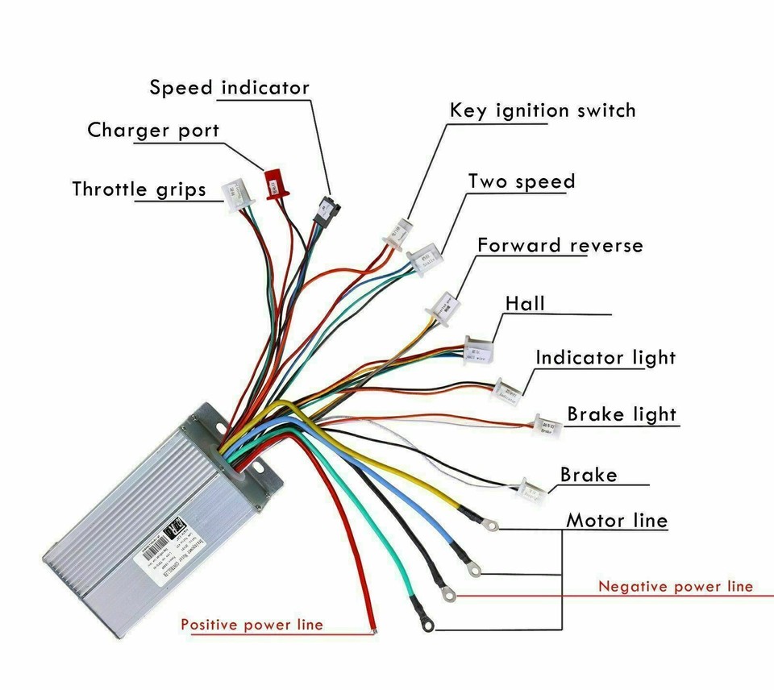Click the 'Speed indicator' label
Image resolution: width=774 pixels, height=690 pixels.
click(230, 87)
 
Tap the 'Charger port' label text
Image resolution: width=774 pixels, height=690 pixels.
click(153, 130)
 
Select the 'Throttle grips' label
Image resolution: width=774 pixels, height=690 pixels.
click(139, 189)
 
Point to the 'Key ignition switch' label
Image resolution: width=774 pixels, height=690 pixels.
click(542, 110)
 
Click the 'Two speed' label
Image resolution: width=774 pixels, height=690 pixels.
click(522, 181)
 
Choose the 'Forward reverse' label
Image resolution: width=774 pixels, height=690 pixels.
click(560, 245)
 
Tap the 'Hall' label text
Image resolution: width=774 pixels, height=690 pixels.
click(525, 304)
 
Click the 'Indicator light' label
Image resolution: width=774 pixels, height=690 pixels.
click(605, 357)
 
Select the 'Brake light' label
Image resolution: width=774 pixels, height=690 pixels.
click(621, 414)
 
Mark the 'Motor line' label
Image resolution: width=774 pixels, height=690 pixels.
click(617, 521)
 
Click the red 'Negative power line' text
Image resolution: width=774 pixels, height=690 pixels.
click(675, 586)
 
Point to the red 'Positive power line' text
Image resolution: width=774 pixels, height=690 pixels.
click(252, 624)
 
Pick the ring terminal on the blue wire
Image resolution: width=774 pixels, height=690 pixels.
click(474, 570)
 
